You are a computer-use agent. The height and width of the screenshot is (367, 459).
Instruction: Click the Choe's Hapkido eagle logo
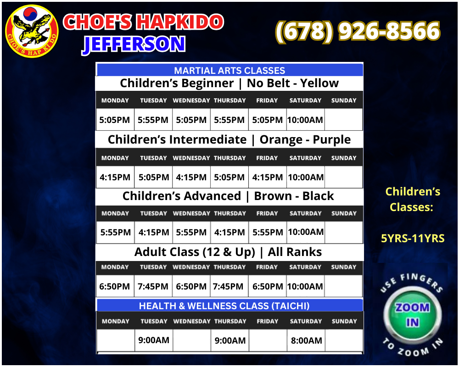point(32,32)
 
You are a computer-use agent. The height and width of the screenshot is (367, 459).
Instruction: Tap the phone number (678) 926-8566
point(358,32)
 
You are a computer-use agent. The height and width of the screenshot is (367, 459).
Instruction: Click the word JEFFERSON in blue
point(134,44)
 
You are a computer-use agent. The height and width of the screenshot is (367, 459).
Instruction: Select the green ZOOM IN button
point(412,315)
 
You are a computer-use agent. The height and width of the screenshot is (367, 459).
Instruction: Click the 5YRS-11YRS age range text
point(412,239)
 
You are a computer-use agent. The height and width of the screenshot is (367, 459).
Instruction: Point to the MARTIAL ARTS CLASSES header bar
point(229,70)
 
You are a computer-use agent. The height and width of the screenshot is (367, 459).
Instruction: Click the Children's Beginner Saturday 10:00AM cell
point(305,120)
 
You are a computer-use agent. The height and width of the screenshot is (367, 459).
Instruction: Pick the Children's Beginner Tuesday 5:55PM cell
point(153,120)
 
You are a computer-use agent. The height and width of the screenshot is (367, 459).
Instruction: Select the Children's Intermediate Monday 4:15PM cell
point(115,177)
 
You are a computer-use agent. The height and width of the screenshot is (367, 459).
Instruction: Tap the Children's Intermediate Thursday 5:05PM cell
point(229,177)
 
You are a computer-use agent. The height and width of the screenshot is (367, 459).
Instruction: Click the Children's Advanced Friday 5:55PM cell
point(267,233)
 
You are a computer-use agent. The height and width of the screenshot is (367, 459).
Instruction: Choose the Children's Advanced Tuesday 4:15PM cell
point(153,233)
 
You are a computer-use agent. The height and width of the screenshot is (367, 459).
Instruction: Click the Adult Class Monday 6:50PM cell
point(115,287)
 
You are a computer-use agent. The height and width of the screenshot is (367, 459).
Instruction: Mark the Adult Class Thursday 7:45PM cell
point(228,287)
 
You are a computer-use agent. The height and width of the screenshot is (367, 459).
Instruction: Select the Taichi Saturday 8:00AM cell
point(305,341)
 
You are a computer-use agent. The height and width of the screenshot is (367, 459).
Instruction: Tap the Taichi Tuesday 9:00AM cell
point(153,340)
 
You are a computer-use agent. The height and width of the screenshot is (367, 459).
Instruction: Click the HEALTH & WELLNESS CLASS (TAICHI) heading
point(224,306)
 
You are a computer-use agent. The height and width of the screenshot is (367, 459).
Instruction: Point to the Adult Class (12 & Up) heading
point(228,252)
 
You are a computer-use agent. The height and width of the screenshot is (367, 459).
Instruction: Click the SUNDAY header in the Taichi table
point(344,321)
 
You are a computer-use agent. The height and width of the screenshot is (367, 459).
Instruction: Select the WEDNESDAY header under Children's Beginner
point(191,100)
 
